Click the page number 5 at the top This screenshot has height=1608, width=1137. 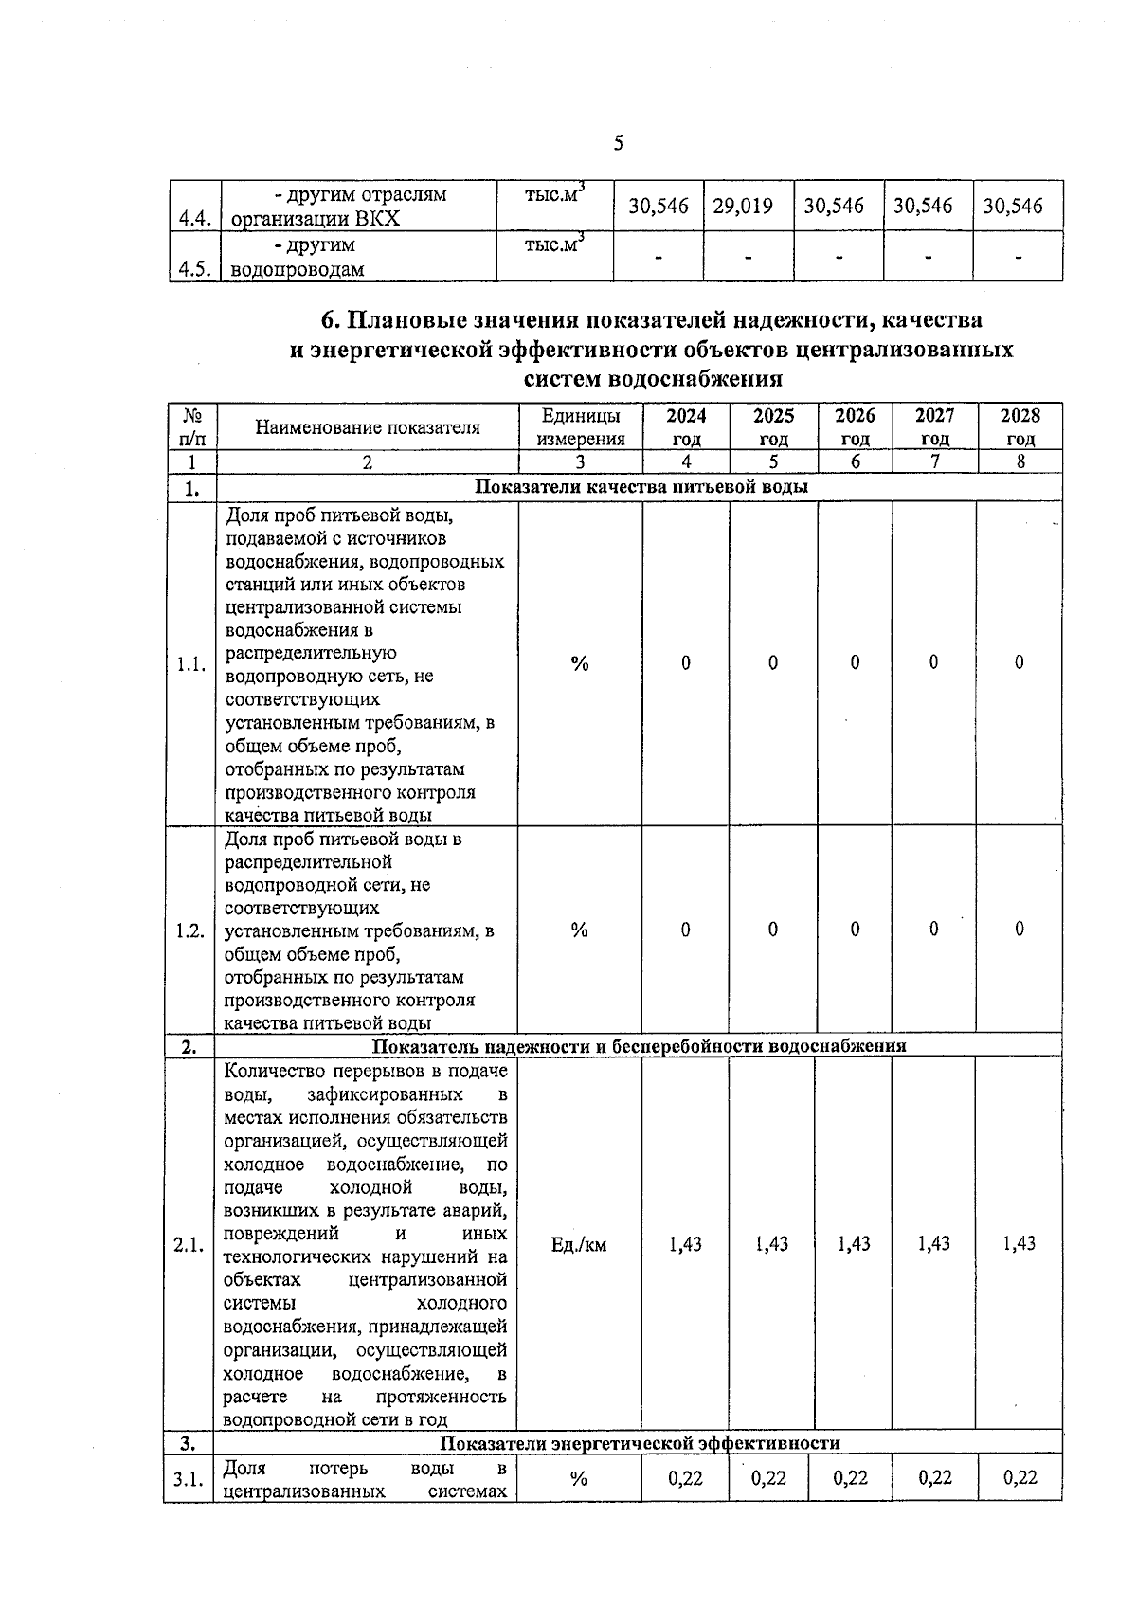click(x=618, y=143)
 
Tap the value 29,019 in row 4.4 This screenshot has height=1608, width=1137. click(x=743, y=206)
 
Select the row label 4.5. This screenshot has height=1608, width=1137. click(x=193, y=268)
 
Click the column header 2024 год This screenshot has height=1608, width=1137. click(x=686, y=426)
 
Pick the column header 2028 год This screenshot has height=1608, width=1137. click(x=1020, y=426)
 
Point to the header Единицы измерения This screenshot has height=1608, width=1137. click(x=580, y=426)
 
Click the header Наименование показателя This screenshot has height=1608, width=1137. click(x=368, y=427)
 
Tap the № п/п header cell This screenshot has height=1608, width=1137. click(x=192, y=426)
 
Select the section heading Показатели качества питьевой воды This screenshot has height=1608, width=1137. click(x=641, y=487)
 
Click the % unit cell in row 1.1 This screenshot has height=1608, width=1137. click(x=580, y=663)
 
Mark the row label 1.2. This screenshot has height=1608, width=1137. click(x=190, y=930)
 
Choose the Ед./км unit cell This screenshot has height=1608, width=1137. click(x=579, y=1244)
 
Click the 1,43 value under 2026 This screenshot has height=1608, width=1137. click(x=854, y=1243)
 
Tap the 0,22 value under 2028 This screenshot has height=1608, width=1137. click(x=1020, y=1477)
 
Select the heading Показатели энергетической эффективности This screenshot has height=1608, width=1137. click(x=641, y=1443)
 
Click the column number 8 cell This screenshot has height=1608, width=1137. click(x=1020, y=462)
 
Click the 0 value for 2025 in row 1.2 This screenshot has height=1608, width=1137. click(x=773, y=930)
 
